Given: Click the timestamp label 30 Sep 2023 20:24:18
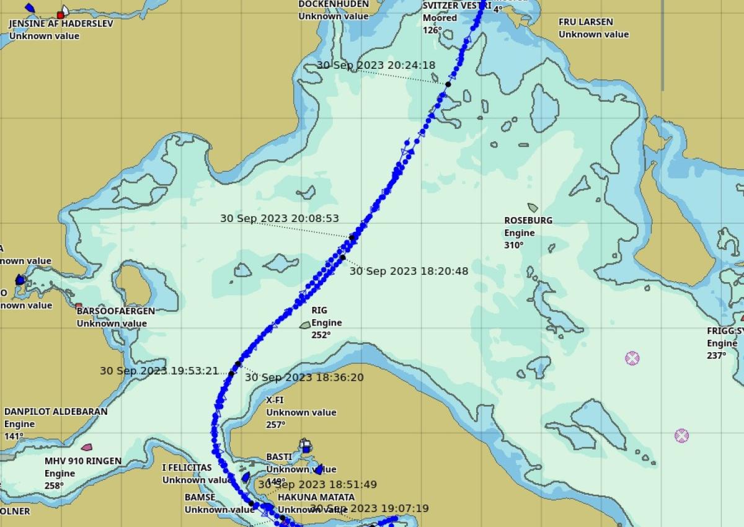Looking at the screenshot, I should [376, 65].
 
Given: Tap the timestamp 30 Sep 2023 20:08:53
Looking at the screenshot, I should [280, 218].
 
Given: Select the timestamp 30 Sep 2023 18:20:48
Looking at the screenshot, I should [409, 271].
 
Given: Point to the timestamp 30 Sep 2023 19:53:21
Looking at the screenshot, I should [159, 371].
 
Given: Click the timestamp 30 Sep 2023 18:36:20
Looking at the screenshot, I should [304, 377].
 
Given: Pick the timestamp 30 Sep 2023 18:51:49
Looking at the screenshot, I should [317, 484].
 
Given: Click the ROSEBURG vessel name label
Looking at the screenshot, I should [528, 220].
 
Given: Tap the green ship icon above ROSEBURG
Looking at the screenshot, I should [533, 208].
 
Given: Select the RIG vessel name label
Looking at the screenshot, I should [319, 310].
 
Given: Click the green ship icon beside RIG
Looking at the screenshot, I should [305, 325].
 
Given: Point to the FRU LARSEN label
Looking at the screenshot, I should [585, 22].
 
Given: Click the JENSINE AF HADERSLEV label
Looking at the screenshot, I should [53, 24].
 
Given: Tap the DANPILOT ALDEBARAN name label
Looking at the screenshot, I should [56, 412].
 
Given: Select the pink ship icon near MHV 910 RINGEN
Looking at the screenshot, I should [87, 447].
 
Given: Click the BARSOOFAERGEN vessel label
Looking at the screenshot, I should [116, 311].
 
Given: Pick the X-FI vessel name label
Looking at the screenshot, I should [275, 400].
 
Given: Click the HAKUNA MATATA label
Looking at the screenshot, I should [316, 497].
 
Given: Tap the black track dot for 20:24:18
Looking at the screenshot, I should [448, 84].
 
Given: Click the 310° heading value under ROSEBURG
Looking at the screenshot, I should [513, 245].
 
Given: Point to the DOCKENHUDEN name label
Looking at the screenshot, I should [334, 4].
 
